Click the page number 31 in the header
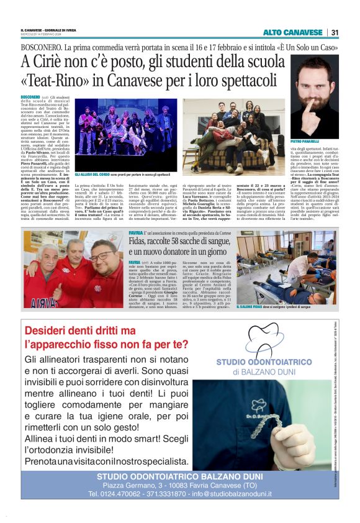[335, 32]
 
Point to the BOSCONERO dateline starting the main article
[30, 98]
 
